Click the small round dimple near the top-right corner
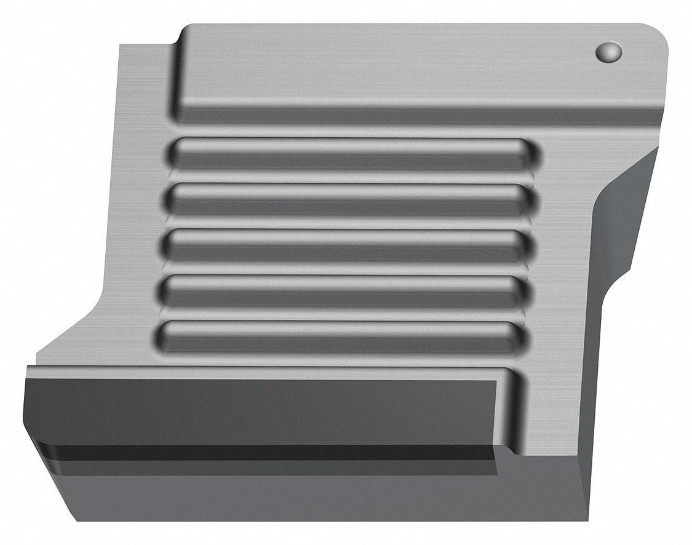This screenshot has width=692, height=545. tap(608, 52)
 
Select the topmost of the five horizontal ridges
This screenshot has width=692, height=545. tap(351, 153)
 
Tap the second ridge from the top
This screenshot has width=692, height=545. tap(348, 199)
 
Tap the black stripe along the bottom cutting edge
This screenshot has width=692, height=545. tap(264, 453)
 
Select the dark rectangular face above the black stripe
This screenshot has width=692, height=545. tap(258, 409)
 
